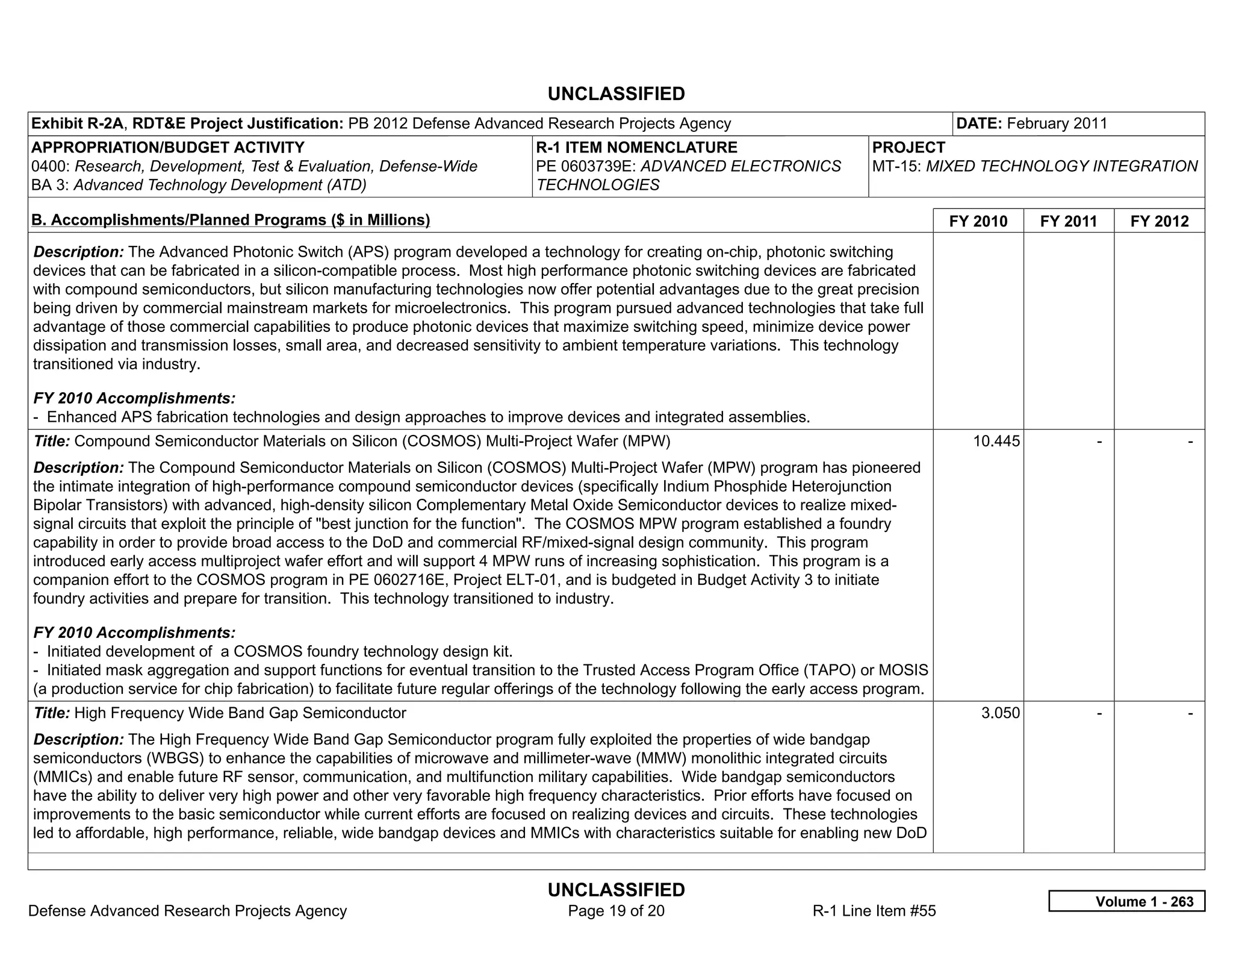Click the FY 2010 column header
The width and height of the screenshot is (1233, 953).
(978, 221)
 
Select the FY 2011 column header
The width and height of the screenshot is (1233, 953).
(1069, 221)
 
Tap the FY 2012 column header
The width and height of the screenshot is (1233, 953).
(1160, 221)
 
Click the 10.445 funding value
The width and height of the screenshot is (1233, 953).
(996, 442)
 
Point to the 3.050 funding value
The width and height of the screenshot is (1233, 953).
(1001, 713)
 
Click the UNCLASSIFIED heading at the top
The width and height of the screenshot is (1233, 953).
(616, 94)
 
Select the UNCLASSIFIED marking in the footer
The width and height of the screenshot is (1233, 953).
(616, 890)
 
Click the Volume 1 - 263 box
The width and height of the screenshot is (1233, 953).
(1126, 901)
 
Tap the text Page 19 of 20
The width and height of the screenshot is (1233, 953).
(616, 911)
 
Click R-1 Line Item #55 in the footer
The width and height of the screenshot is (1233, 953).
(874, 911)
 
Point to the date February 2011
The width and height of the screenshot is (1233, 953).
(1057, 123)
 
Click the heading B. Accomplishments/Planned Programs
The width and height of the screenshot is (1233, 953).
(231, 220)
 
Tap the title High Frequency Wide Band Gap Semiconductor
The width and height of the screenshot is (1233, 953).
(240, 713)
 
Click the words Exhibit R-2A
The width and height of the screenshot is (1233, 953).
(77, 123)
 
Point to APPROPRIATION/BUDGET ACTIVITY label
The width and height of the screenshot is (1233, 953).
(168, 148)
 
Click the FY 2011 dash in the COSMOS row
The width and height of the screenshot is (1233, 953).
(1099, 442)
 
